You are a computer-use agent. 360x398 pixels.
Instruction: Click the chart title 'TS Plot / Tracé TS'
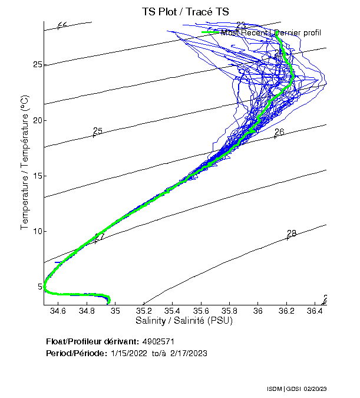pyautogui.click(x=184, y=12)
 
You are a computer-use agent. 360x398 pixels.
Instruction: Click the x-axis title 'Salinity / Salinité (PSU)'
pyautogui.click(x=184, y=321)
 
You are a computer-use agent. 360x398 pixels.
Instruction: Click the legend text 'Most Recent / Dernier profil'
pyautogui.click(x=270, y=32)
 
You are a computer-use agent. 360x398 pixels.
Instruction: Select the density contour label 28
pyautogui.click(x=292, y=233)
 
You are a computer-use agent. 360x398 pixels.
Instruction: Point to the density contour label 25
pyautogui.click(x=98, y=131)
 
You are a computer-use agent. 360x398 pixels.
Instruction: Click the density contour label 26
pyautogui.click(x=279, y=132)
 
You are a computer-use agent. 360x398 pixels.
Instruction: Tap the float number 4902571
pyautogui.click(x=158, y=341)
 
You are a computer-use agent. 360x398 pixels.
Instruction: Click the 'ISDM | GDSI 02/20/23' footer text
pyautogui.click(x=306, y=390)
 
